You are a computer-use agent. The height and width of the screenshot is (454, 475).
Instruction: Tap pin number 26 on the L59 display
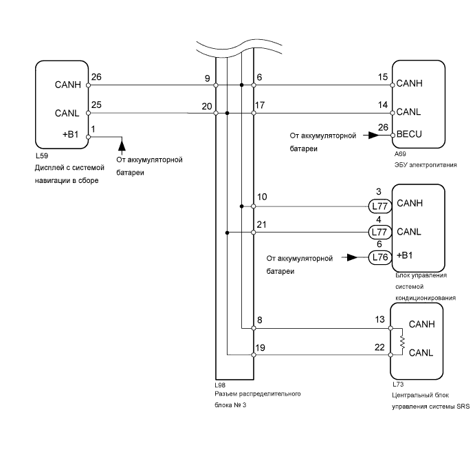click(96, 77)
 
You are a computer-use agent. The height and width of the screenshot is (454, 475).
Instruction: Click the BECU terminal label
click(411, 136)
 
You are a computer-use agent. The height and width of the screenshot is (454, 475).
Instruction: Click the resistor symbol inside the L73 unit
click(401, 342)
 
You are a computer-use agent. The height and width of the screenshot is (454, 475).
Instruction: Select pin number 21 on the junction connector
click(262, 225)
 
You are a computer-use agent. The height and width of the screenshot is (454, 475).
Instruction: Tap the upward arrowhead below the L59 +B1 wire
click(122, 144)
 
